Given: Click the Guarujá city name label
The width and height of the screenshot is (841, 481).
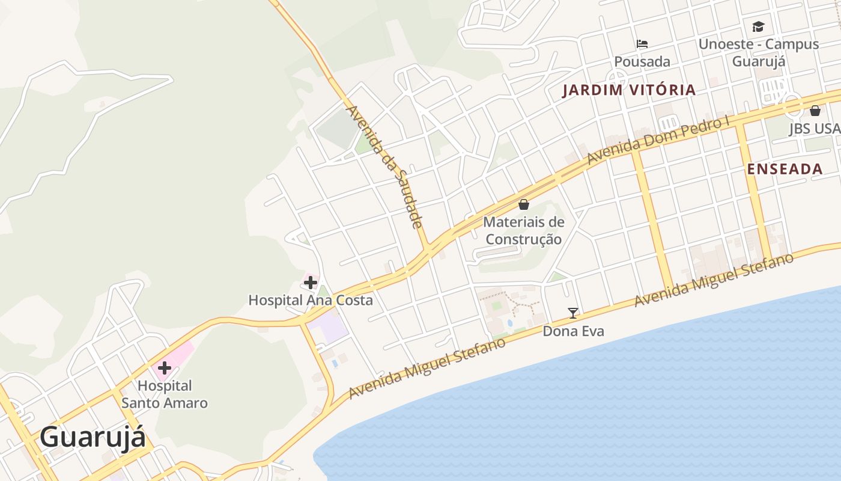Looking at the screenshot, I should [93, 437].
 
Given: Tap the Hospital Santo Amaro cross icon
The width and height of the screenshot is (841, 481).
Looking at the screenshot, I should [164, 367].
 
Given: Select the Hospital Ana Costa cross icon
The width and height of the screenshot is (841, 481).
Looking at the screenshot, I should [310, 282].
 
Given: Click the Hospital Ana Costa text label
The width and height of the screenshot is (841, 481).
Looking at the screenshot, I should [311, 300].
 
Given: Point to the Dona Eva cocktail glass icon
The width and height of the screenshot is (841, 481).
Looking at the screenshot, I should [573, 313].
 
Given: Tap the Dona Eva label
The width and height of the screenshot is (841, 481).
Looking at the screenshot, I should [573, 331].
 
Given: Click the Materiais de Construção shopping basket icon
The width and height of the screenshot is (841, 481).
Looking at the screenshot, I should [524, 204].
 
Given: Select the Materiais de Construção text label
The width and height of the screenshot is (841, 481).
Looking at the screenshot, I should [524, 231].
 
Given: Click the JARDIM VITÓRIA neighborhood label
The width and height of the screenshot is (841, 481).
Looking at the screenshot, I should [629, 91].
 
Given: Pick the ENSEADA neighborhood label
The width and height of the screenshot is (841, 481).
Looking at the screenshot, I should [785, 169].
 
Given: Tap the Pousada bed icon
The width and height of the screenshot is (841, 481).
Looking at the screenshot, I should [642, 43].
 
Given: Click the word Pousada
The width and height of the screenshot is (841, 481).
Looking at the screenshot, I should [642, 61].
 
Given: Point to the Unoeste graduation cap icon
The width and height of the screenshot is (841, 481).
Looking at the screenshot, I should [758, 26].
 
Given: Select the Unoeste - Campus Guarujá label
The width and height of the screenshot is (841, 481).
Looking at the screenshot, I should [758, 52].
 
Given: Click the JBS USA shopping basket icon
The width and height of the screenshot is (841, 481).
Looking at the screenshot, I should [815, 111].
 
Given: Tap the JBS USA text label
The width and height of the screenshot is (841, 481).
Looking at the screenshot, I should [815, 129].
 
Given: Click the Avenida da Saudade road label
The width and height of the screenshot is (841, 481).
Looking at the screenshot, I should [385, 167].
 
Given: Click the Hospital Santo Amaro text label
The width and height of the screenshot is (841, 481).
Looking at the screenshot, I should [165, 394].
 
